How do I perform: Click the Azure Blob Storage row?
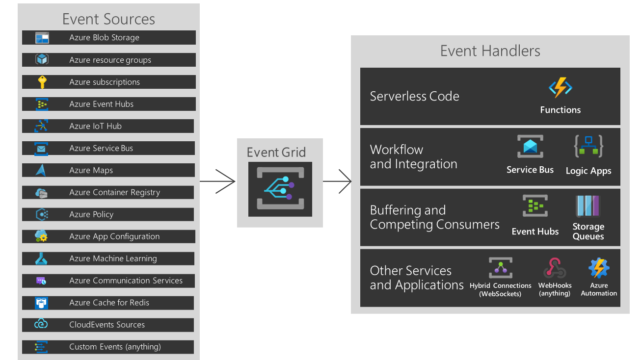[x=108, y=38]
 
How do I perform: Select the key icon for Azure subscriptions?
[x=42, y=82]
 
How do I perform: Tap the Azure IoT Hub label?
[x=95, y=126]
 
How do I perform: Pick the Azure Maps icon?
[x=42, y=170]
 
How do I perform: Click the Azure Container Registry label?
[x=114, y=192]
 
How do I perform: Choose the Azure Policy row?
[x=108, y=214]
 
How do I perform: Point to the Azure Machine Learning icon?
[x=42, y=258]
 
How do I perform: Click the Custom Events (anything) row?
[x=108, y=347]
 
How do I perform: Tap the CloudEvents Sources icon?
[x=42, y=325]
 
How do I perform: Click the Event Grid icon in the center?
[x=280, y=189]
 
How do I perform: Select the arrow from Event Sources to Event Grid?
[x=218, y=181]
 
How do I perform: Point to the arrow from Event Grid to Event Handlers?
[x=338, y=181]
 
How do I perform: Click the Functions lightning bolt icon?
[x=560, y=88]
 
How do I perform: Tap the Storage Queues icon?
[x=588, y=206]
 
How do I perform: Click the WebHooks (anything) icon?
[x=555, y=268]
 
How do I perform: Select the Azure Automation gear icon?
[x=599, y=268]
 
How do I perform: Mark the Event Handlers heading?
[x=490, y=51]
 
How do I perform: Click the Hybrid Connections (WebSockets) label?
[x=500, y=289]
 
